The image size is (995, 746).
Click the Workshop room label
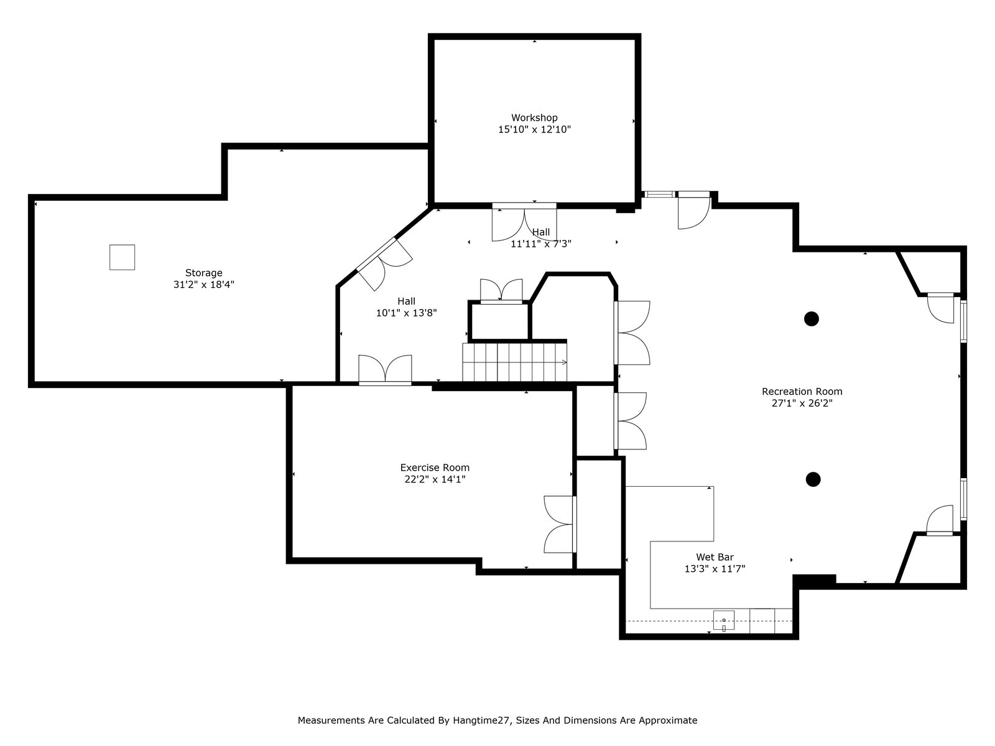[x=534, y=117]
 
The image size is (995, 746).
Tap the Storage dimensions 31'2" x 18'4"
[x=204, y=285]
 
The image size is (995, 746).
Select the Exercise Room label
[x=435, y=467]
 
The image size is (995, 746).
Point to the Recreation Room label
[x=802, y=392]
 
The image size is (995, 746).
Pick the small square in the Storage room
[x=122, y=257]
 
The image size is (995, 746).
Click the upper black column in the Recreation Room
[x=811, y=319]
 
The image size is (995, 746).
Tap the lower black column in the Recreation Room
[x=813, y=479]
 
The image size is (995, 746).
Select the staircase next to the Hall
[x=514, y=362]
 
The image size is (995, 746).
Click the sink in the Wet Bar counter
[x=724, y=620]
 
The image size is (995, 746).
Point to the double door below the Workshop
[x=524, y=222]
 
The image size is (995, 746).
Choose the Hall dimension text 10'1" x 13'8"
[x=407, y=313]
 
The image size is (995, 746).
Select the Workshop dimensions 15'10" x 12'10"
[x=534, y=129]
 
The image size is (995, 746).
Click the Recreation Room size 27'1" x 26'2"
[x=802, y=403]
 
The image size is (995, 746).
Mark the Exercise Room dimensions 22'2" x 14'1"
[x=435, y=479]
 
